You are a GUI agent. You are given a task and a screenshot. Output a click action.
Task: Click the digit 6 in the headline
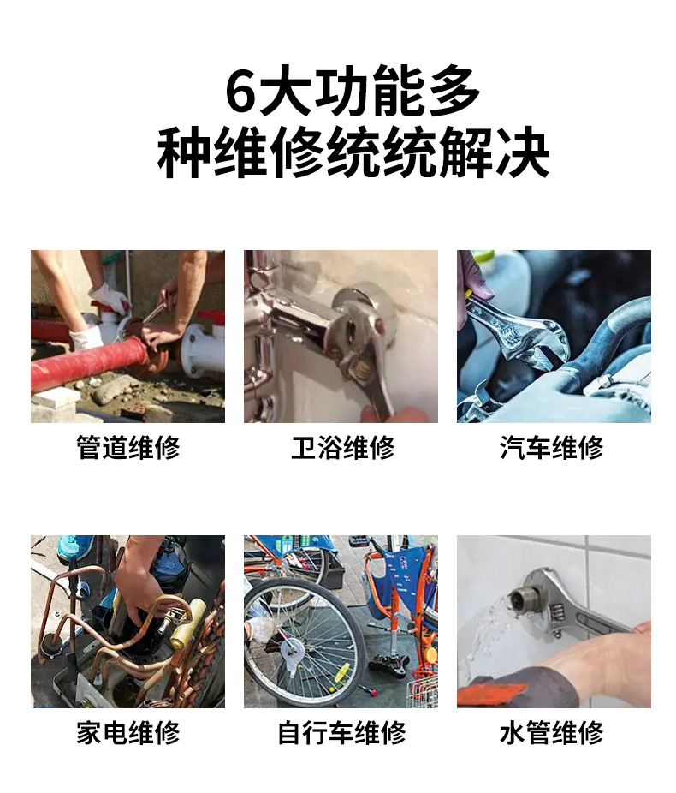[x=241, y=93]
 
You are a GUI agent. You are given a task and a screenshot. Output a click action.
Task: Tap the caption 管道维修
[x=128, y=448]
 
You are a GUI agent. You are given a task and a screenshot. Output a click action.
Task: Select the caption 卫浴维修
[x=341, y=448]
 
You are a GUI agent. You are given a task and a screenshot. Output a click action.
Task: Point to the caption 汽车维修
[x=553, y=448]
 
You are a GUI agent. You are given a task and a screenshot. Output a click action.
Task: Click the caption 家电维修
[x=128, y=733]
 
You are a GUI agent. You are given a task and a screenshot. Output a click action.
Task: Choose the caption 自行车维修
[x=341, y=733]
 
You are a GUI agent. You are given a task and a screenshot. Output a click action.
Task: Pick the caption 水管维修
[x=553, y=733]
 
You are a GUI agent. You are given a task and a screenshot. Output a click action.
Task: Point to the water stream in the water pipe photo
[x=488, y=634]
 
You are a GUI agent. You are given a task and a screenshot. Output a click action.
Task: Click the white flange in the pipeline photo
[x=202, y=347]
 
